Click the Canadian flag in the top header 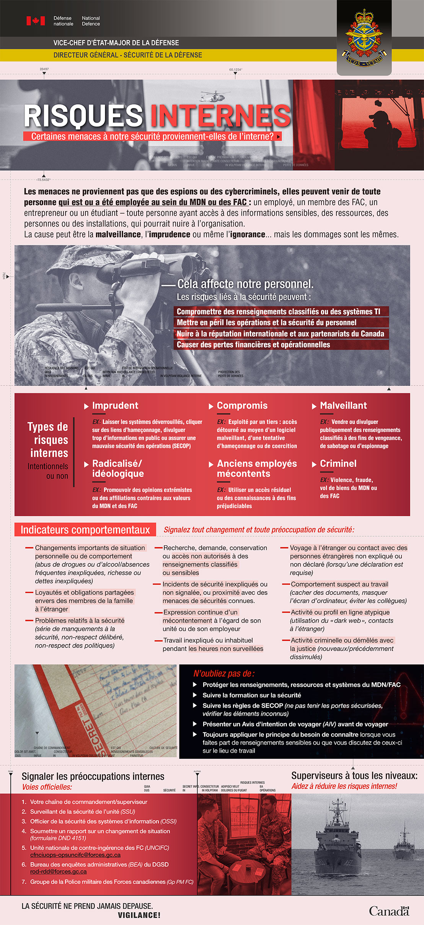[x=36, y=21]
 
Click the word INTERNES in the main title [x=220, y=116]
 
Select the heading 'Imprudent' [x=115, y=406]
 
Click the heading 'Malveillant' [x=343, y=406]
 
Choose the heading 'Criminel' [x=338, y=464]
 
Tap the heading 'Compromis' [x=242, y=406]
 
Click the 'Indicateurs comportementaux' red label [x=85, y=530]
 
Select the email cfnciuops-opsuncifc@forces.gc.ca [x=75, y=855]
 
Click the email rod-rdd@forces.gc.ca [x=59, y=871]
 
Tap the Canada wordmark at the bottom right [x=389, y=911]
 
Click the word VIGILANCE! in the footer [x=139, y=915]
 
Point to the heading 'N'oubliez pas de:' [x=224, y=673]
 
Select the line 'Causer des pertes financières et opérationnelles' [x=253, y=345]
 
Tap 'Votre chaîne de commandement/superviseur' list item [x=89, y=802]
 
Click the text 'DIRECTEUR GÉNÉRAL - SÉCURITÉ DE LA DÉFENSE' [x=128, y=55]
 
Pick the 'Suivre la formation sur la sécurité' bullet [x=252, y=695]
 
